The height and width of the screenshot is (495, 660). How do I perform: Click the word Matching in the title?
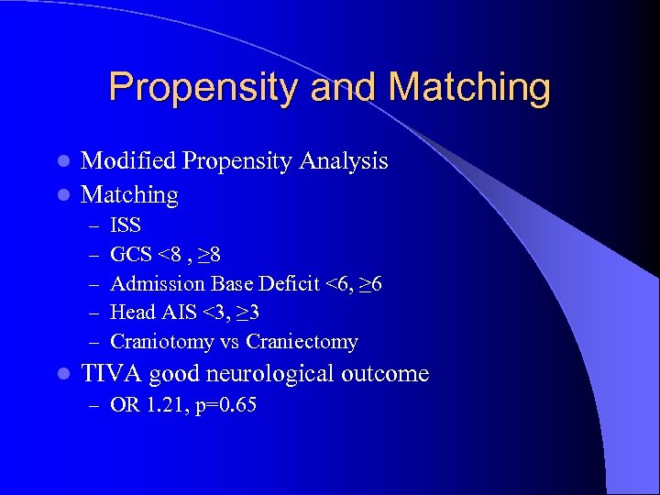click(469, 88)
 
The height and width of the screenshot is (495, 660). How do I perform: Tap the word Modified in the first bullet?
click(127, 161)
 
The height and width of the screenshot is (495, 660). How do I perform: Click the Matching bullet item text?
click(129, 194)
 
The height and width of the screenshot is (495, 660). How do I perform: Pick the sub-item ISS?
click(125, 225)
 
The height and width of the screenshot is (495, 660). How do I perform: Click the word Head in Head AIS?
click(129, 313)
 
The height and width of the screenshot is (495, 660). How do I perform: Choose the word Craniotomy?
click(161, 342)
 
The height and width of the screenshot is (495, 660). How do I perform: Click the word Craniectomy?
click(302, 342)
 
